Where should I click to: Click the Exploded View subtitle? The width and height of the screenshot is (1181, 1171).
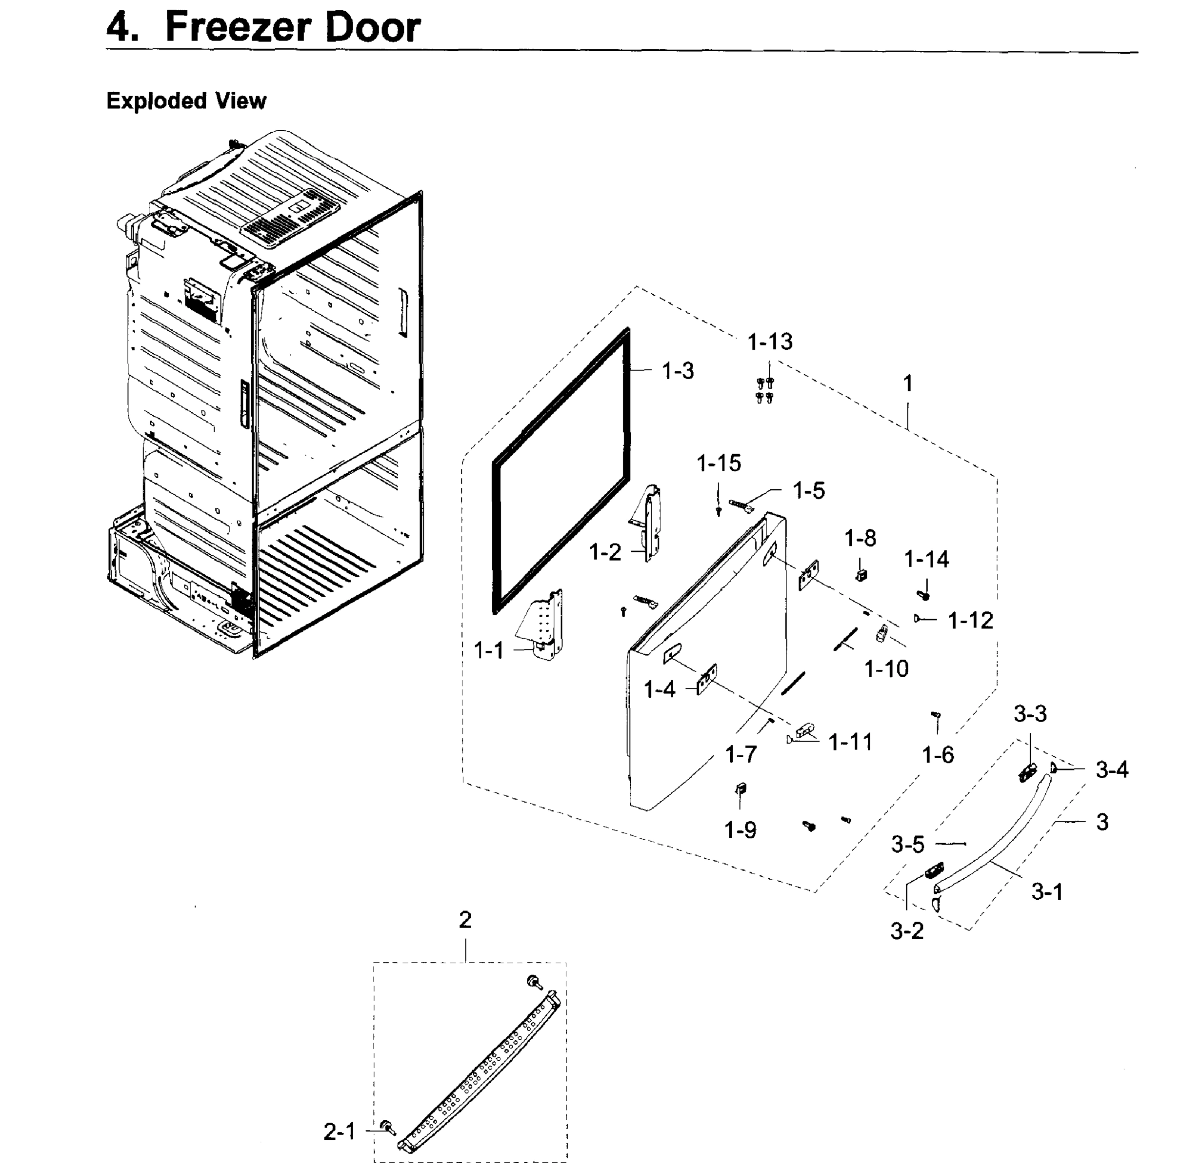tap(186, 101)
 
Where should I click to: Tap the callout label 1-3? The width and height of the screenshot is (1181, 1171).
tap(678, 371)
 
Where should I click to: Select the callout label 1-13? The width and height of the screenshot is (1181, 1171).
tap(770, 342)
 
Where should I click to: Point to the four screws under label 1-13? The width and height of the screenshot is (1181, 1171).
tap(764, 390)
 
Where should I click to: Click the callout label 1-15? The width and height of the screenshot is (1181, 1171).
tap(719, 464)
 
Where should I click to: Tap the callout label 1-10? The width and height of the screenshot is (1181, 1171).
tap(886, 669)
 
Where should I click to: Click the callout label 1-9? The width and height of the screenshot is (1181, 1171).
tap(741, 830)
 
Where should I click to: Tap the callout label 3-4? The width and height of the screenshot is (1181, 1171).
tap(1111, 770)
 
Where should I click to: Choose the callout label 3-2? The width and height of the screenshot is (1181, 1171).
tap(906, 931)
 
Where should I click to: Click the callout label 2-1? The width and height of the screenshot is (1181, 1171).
tap(339, 1132)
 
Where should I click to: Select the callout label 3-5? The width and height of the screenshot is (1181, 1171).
tap(908, 845)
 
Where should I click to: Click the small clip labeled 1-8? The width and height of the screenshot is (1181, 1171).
tap(861, 575)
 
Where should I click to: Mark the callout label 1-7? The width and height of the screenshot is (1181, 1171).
tap(741, 755)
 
